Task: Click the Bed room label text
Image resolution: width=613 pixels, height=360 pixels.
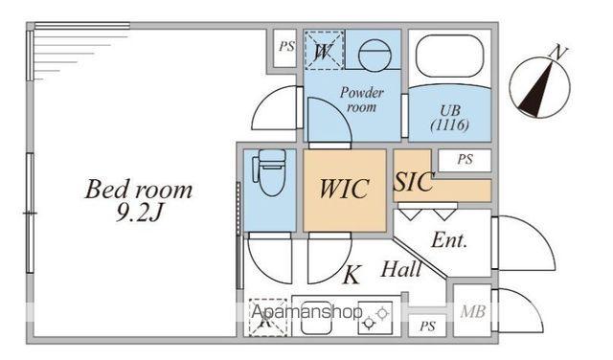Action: point(139,190)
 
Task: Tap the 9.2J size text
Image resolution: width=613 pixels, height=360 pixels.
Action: point(139,214)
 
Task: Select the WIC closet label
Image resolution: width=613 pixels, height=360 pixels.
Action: point(344,189)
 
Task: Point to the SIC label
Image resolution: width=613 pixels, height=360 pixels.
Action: point(414,181)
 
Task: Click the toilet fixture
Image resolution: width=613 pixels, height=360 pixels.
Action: point(269,171)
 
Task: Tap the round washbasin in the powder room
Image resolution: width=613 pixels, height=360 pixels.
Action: point(375,56)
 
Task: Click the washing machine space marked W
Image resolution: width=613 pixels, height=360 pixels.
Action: point(324,50)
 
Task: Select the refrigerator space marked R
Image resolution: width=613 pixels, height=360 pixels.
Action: point(268,318)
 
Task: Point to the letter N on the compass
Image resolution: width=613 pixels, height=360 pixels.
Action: point(558,53)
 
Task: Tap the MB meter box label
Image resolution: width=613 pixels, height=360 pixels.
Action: point(472,311)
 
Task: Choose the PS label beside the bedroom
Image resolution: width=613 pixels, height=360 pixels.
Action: point(286,47)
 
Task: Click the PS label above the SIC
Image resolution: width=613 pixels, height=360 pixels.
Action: point(465,160)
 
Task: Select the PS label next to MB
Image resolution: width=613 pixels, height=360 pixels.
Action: point(427,326)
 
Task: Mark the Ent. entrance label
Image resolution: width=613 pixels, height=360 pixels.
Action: point(449,240)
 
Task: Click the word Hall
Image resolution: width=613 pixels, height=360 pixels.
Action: point(401,269)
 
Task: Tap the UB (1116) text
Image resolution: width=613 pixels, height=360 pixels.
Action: point(450,118)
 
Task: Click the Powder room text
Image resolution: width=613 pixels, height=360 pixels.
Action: point(362,100)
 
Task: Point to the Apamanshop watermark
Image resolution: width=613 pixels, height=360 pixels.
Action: point(306,311)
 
